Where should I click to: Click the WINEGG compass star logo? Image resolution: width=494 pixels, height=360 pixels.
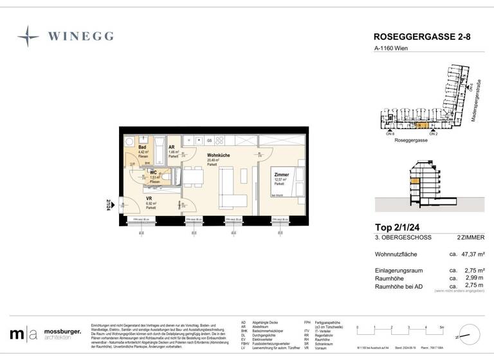click(x=28, y=37)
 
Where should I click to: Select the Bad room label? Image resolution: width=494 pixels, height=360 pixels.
click(x=142, y=147)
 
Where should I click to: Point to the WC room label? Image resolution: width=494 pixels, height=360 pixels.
click(x=154, y=173)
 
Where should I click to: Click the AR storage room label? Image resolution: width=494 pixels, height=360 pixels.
click(x=172, y=147)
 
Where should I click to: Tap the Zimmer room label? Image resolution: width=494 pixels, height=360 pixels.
click(x=280, y=175)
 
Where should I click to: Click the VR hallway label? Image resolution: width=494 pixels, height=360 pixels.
click(x=149, y=199)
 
